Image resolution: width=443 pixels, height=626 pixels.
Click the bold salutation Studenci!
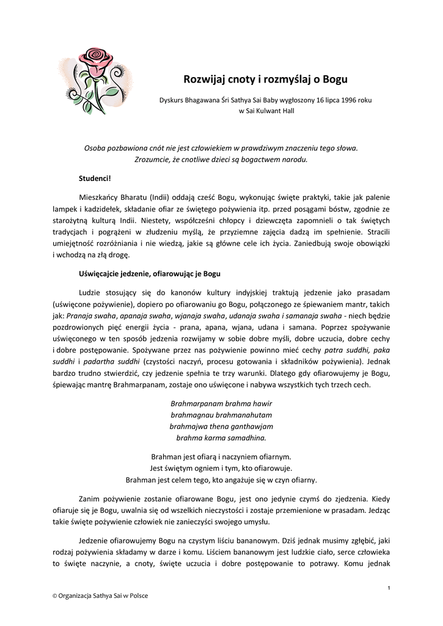point(95,178)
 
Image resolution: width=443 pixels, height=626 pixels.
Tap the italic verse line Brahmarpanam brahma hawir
point(221,403)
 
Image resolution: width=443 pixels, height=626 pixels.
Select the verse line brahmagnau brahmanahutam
point(221,415)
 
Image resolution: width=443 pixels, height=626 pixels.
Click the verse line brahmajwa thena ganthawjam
point(221,426)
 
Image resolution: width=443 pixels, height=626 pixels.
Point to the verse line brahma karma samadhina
point(221,438)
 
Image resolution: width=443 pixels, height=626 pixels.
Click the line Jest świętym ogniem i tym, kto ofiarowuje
point(221,468)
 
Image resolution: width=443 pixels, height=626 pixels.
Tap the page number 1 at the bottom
point(389,587)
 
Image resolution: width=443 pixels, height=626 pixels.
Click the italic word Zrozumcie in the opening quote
point(152,160)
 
